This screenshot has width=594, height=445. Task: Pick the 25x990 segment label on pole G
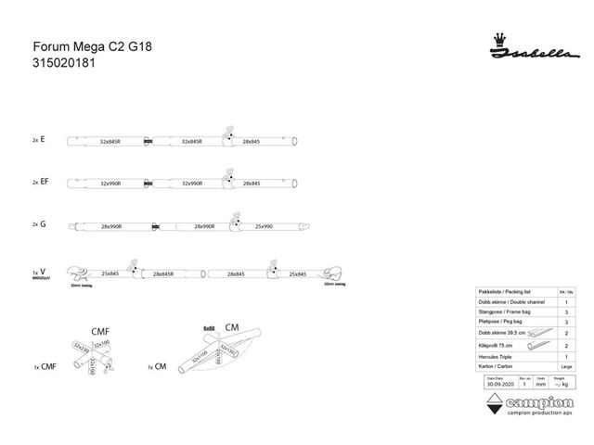264,226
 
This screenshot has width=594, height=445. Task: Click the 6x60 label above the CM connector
210,328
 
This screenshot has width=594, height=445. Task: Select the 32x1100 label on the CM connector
200,355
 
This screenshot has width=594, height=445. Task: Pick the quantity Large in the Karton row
566,368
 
